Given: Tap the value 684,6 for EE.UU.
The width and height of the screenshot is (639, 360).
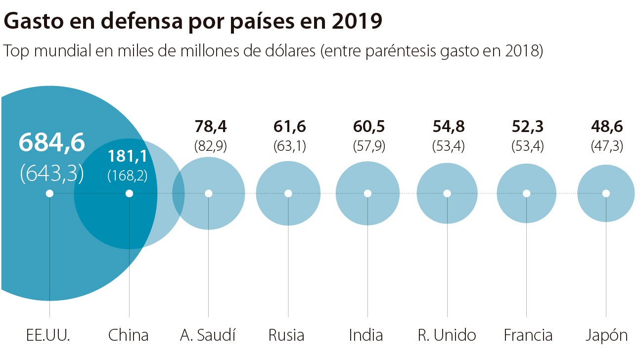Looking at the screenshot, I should point(52,142).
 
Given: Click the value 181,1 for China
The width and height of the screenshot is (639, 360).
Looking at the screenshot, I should point(128,157).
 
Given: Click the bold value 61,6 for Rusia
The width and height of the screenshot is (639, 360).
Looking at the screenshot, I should point(289,127).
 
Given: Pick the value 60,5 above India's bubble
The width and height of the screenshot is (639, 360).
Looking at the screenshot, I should point(369,127).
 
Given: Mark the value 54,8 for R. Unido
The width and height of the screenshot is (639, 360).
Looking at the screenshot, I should point(448,127).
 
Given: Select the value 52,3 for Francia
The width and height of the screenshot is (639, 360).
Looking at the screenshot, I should point(527,127).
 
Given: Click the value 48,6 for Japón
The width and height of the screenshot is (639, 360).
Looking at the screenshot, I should point(607,127).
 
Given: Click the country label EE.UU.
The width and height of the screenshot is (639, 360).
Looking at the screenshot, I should point(48,335).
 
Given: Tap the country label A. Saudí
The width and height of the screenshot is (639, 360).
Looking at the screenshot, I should point(208,335).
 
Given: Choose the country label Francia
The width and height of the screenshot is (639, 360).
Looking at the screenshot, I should point(527,335).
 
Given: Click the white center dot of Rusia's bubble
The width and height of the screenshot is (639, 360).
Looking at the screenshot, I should point(288,193).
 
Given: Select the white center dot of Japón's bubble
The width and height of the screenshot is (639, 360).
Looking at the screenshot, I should point(606,193).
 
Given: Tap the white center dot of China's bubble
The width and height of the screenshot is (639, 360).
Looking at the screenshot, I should point(129,193).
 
